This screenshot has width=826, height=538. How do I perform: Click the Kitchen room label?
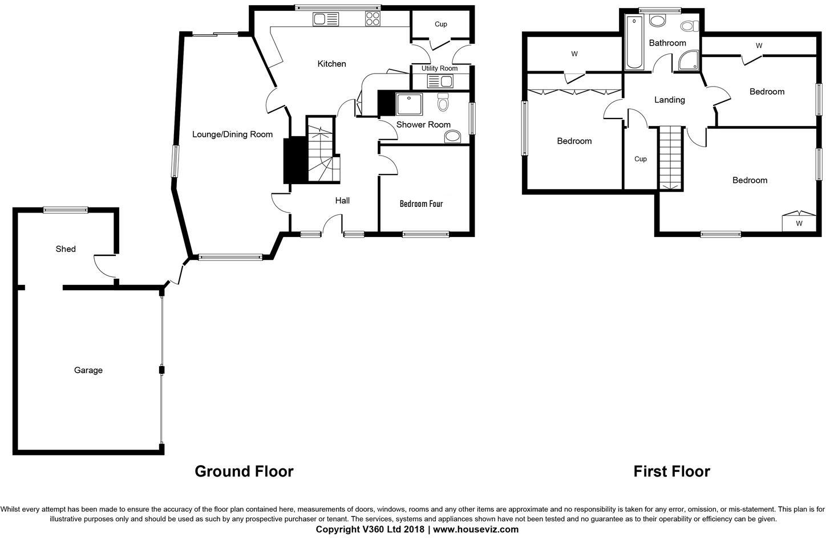coord(331,64)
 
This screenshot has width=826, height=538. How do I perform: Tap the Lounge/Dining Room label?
coord(232,134)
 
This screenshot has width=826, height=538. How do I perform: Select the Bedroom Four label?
coord(421,203)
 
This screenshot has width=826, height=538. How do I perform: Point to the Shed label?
coord(66,249)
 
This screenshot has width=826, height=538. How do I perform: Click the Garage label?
coord(88,370)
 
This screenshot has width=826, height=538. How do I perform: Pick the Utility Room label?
coord(439,68)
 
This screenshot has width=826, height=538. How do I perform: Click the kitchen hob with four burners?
coord(372,19)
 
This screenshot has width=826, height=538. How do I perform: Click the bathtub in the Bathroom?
coord(634,43)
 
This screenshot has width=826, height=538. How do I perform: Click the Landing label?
coord(669,100)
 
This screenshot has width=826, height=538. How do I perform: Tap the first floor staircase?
coord(670,157)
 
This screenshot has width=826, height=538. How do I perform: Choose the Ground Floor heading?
coord(244,471)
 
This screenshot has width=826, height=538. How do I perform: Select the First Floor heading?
coord(671,471)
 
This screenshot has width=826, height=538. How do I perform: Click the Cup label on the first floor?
coord(640,159)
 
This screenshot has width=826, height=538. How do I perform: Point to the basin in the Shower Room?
coord(452,136)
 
